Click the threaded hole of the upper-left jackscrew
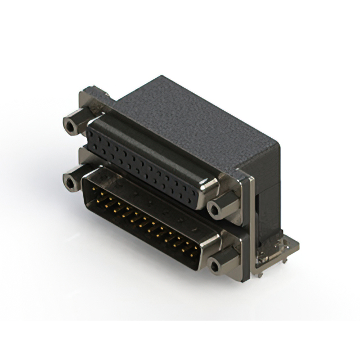pos(70,125)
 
